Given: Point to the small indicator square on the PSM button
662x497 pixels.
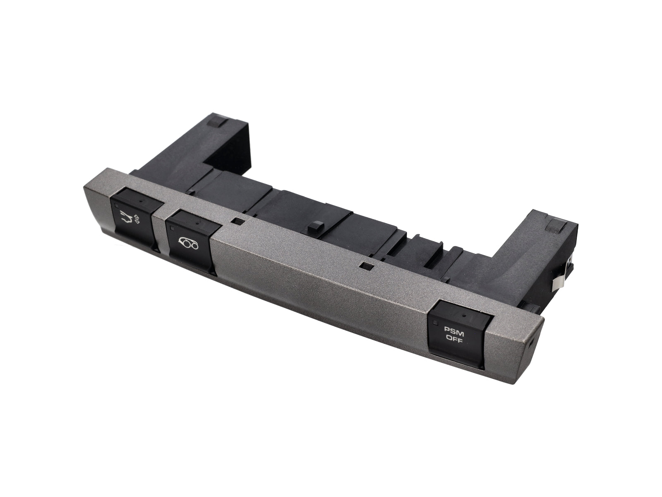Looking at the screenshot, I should (x=434, y=322).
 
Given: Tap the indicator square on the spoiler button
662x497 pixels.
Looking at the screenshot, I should (x=118, y=205).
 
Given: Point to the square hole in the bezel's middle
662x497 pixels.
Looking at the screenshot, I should (x=365, y=265).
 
